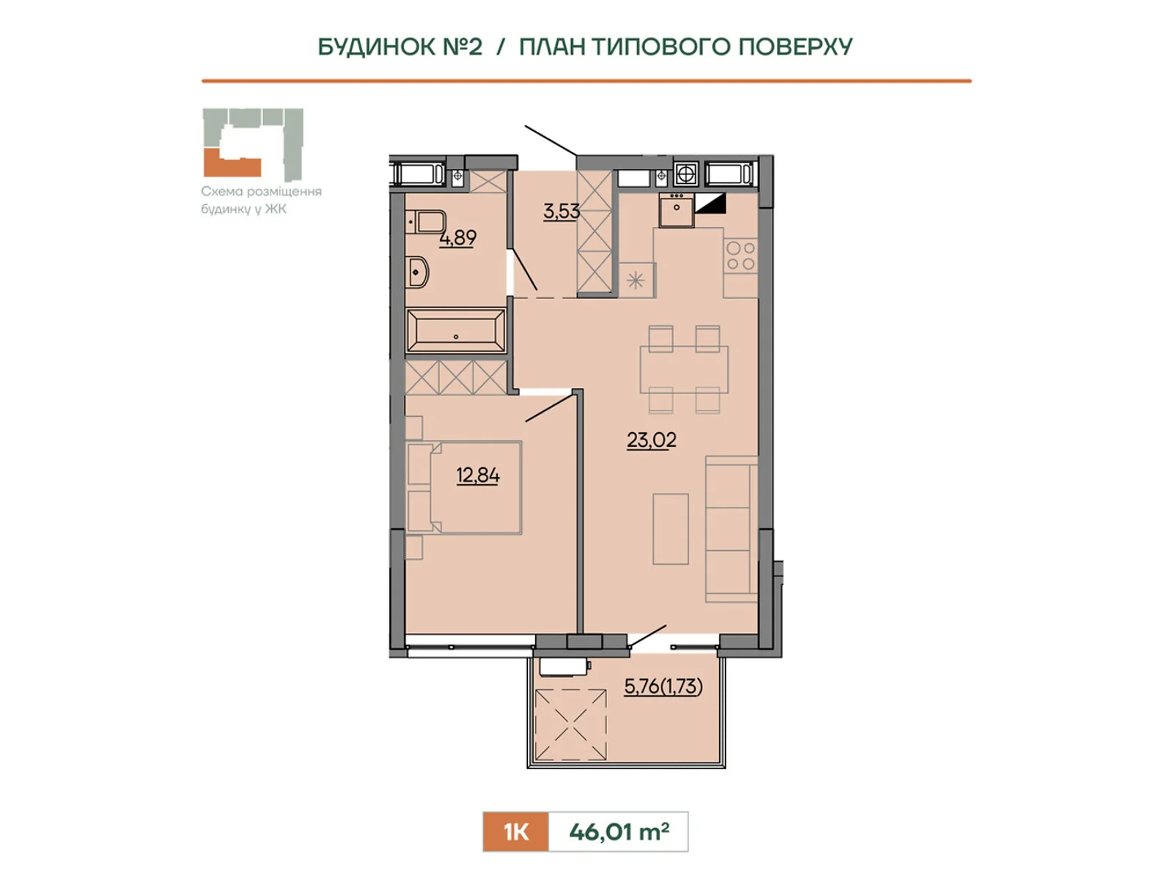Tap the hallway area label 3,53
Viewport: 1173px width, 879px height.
[x=561, y=212]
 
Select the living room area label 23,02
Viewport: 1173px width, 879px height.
[x=652, y=440]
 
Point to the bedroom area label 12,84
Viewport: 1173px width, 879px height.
[x=478, y=475]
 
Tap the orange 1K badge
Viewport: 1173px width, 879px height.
[x=515, y=831]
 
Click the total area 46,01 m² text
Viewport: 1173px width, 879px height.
[x=619, y=831]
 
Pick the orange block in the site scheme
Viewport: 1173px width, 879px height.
[x=232, y=163]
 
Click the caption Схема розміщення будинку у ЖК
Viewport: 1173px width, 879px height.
[x=261, y=200]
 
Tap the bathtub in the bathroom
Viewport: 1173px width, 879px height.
[x=456, y=330]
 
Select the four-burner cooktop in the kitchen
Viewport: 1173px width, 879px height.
[x=740, y=256]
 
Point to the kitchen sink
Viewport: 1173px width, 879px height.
[x=676, y=209]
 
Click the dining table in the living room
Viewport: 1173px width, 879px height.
[x=684, y=369]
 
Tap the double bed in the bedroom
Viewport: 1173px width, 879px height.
[x=463, y=487]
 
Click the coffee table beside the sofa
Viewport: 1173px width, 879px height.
[x=671, y=529]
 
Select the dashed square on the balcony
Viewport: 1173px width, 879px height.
[x=570, y=724]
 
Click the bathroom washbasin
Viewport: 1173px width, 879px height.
[x=417, y=272]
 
